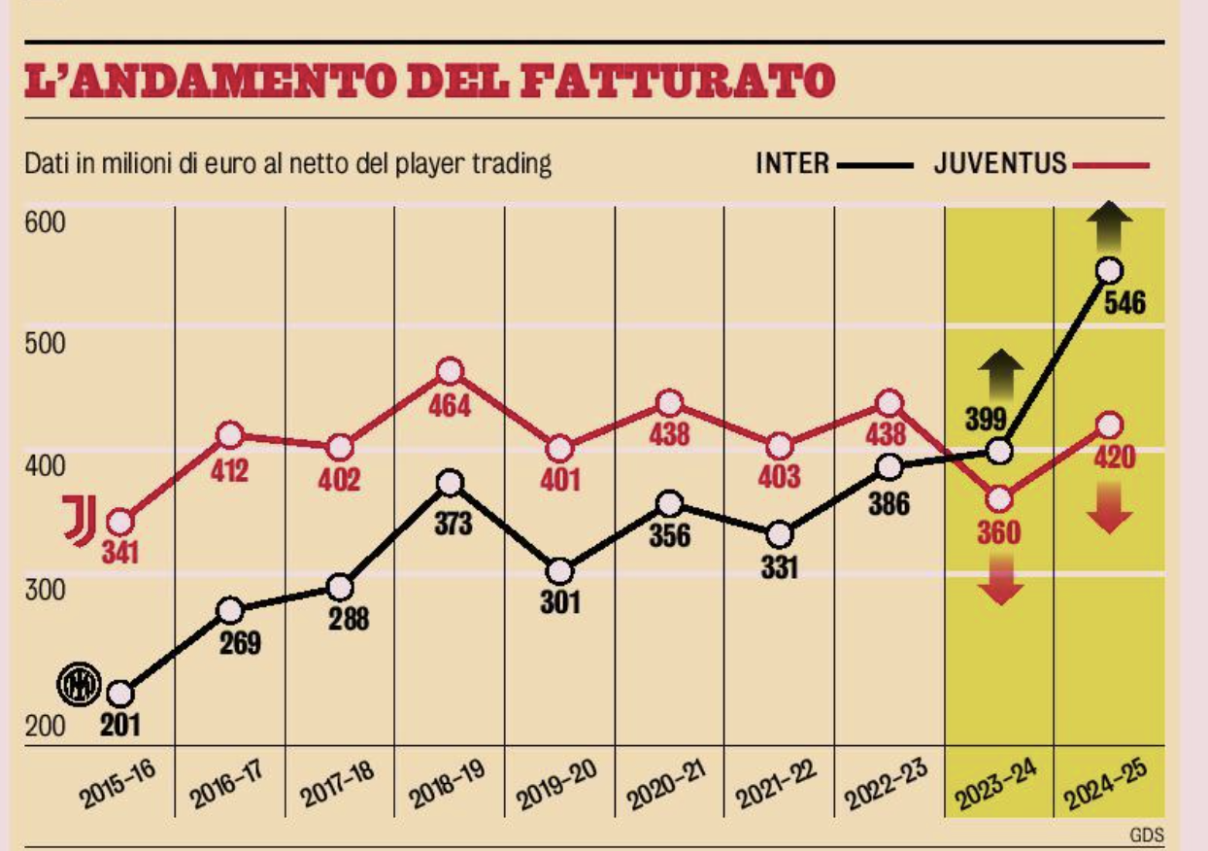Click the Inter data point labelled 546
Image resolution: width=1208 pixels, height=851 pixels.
point(1109,271)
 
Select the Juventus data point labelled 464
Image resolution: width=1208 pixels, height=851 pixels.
point(450,371)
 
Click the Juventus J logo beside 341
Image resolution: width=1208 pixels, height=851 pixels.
point(80,520)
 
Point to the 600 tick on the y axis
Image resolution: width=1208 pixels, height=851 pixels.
point(45,222)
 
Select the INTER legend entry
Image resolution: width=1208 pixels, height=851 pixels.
point(793,163)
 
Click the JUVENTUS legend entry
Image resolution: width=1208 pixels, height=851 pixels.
point(1000,163)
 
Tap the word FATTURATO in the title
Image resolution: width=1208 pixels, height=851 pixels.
point(677,82)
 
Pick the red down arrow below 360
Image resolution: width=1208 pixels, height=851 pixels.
point(999,584)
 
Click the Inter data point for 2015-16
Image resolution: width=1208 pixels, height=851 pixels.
point(120,694)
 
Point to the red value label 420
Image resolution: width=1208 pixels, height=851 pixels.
point(1114,457)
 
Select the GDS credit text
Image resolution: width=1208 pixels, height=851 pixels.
point(1146,834)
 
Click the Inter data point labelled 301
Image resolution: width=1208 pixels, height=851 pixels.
point(560,570)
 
